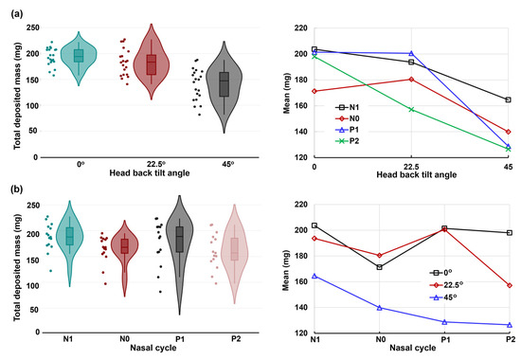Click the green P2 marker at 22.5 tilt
coord(411,109)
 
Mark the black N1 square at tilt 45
coord(509,99)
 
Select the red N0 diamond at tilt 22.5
coord(411,79)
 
